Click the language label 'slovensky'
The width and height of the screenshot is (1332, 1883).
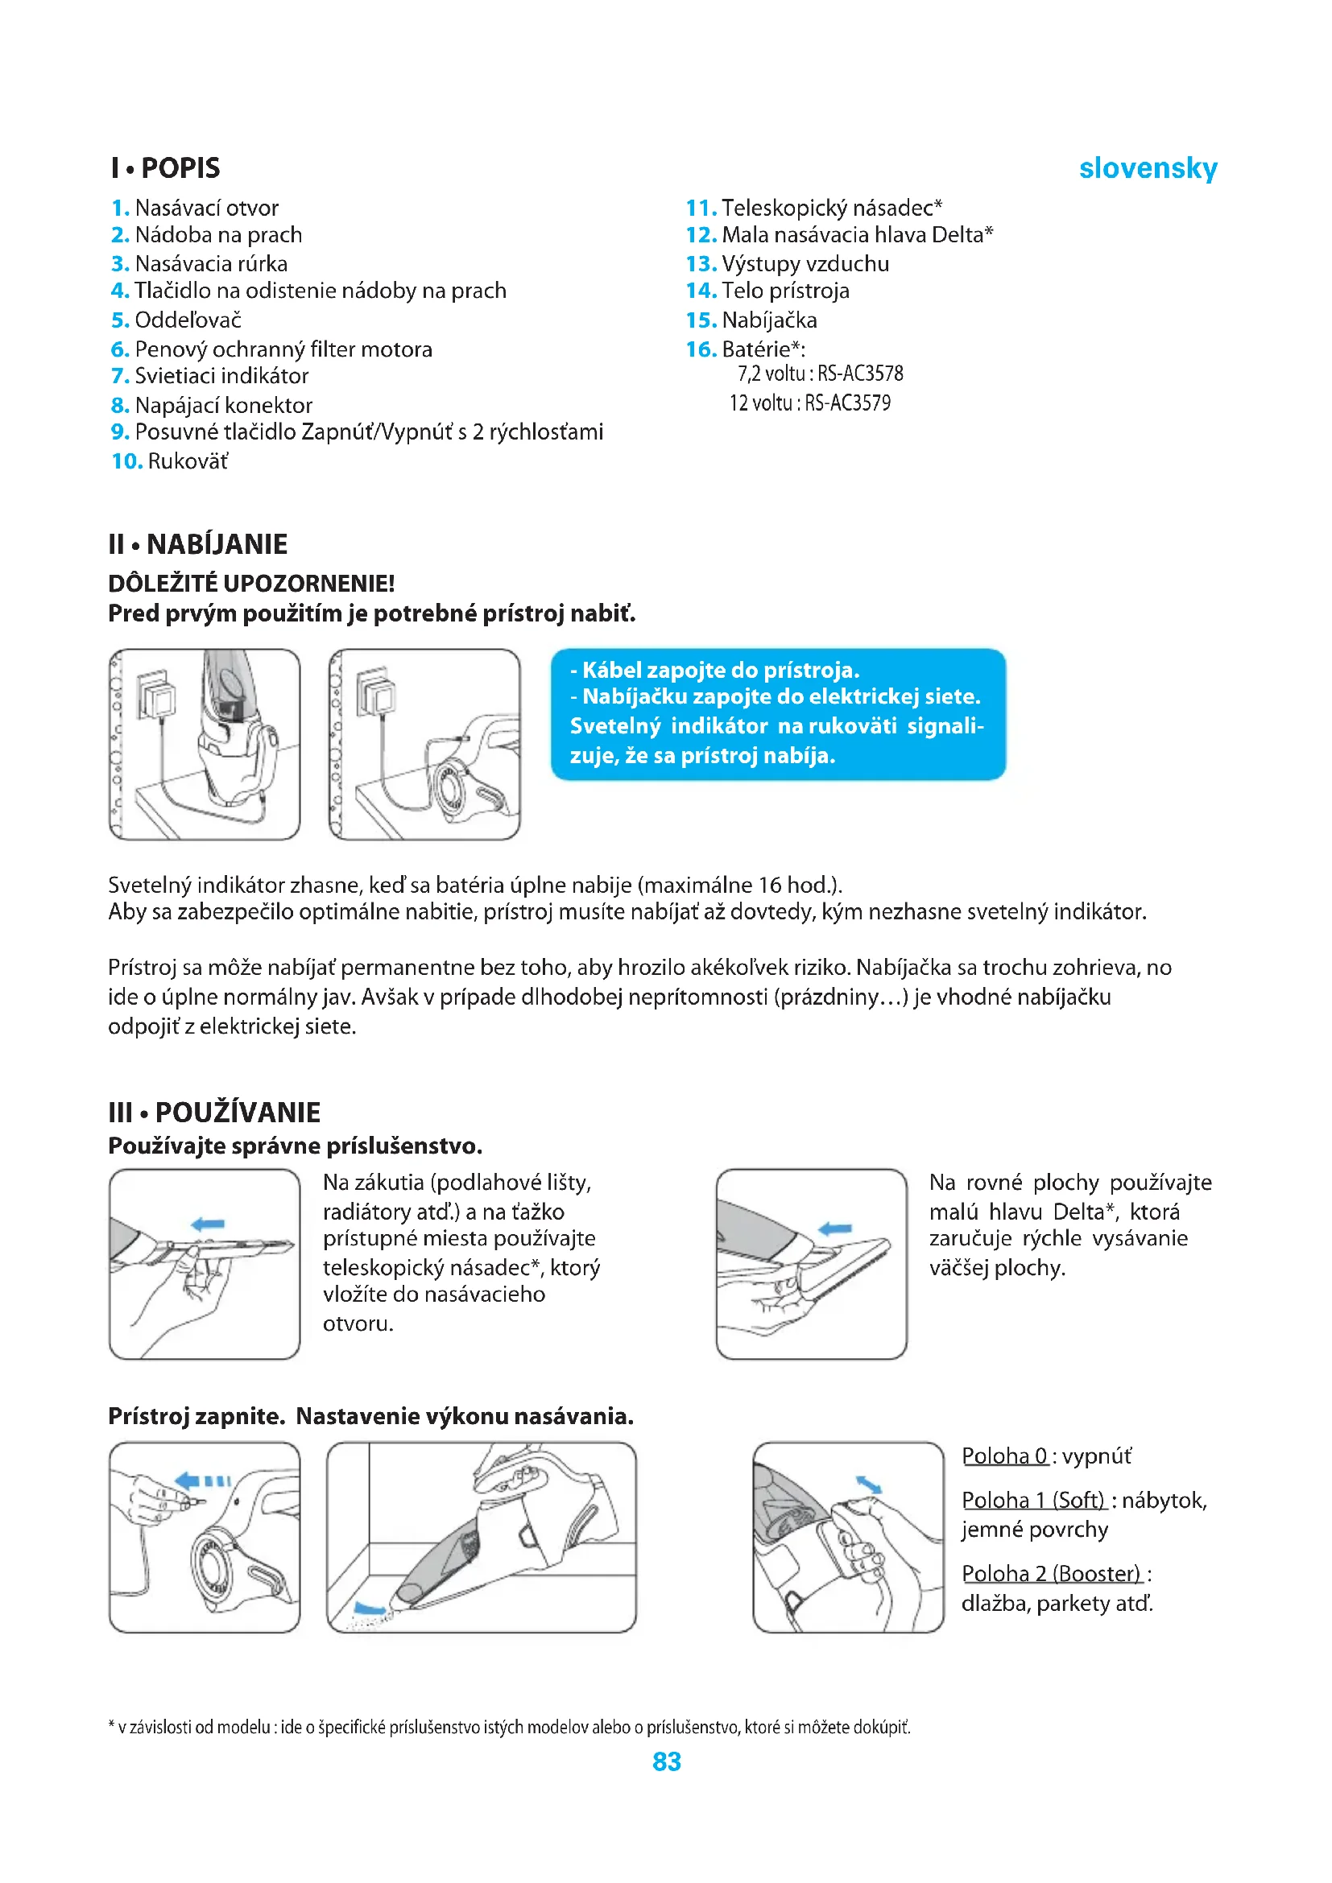tap(1148, 168)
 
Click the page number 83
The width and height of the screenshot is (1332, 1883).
tap(666, 1761)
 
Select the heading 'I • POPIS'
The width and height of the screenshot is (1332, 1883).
tap(166, 168)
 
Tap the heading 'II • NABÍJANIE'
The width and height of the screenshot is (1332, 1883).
tap(197, 543)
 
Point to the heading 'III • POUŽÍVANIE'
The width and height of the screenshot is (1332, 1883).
tap(214, 1112)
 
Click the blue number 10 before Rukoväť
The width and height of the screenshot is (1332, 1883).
tap(127, 461)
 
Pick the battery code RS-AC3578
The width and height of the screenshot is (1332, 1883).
tap(860, 374)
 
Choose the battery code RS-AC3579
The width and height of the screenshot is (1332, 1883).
tap(847, 403)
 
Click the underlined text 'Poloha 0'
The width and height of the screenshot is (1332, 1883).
tap(1004, 1456)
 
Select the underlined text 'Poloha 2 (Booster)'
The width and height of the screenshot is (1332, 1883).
tap(1051, 1573)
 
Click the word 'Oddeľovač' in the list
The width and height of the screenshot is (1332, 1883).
tap(188, 320)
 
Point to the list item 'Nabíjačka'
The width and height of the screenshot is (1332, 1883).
tap(769, 320)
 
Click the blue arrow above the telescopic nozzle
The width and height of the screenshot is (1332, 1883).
tap(208, 1224)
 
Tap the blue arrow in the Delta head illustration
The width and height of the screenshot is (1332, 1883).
tap(835, 1228)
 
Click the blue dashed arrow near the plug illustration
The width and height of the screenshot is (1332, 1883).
tap(203, 1480)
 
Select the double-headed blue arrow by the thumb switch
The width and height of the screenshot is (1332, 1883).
tap(869, 1485)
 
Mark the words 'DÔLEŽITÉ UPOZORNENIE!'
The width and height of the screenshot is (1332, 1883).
tap(251, 583)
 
